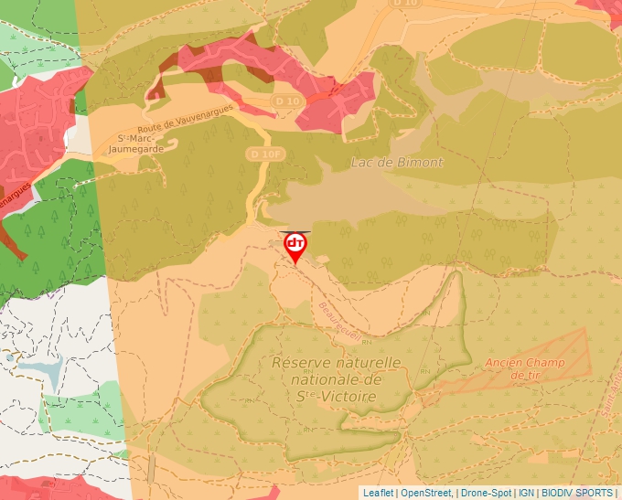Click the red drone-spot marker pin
(295, 245)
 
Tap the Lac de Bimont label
(397, 163)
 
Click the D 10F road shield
(263, 154)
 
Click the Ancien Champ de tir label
(525, 368)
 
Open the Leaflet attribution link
(378, 493)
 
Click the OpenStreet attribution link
(426, 493)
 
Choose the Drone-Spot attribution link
(487, 493)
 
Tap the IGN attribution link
(526, 493)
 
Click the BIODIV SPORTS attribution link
(577, 493)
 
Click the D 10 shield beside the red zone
(286, 101)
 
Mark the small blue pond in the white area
(41, 369)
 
